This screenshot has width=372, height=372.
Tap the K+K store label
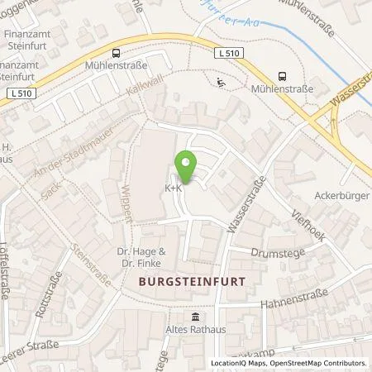tap(174, 188)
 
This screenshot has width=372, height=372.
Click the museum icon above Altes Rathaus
tap(195, 318)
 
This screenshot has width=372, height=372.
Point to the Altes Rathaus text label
tap(195, 331)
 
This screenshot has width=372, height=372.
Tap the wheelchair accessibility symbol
tap(219, 82)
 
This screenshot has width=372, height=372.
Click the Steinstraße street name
tap(90, 265)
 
